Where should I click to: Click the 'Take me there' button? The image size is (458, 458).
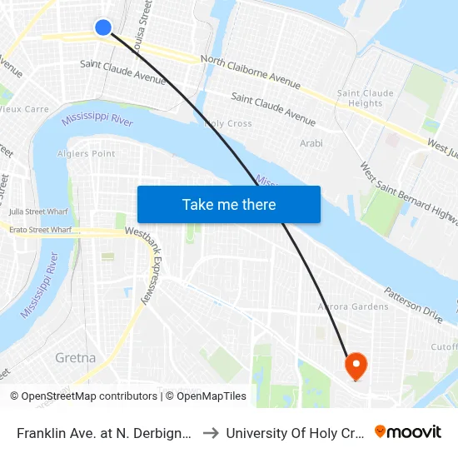click(x=229, y=204)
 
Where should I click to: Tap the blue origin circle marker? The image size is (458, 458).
click(x=103, y=27)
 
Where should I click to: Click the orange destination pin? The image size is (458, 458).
click(x=356, y=365)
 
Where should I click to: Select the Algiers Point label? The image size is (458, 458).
click(x=87, y=154)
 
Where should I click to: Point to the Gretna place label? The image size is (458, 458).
click(x=75, y=358)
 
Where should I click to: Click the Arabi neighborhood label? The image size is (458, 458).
click(x=311, y=143)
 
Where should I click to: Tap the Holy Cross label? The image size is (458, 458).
click(x=228, y=123)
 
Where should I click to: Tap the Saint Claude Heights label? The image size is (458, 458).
click(x=360, y=98)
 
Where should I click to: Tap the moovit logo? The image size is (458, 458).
click(x=407, y=432)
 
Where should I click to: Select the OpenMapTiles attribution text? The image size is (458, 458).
click(x=209, y=396)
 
